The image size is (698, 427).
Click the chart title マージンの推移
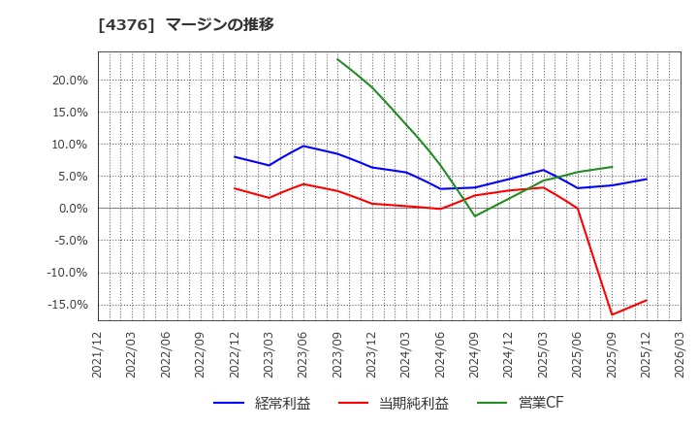(x=219, y=24)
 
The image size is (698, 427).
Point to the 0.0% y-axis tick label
(x=72, y=209)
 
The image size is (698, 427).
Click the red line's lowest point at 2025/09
(x=612, y=314)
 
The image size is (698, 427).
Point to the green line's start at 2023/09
(x=337, y=59)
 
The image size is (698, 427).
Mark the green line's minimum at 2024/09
(x=475, y=215)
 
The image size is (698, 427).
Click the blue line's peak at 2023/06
(x=303, y=147)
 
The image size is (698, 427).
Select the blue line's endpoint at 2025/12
(x=647, y=179)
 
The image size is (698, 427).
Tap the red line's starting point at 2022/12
(x=235, y=188)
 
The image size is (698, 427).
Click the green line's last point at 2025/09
(x=612, y=167)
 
